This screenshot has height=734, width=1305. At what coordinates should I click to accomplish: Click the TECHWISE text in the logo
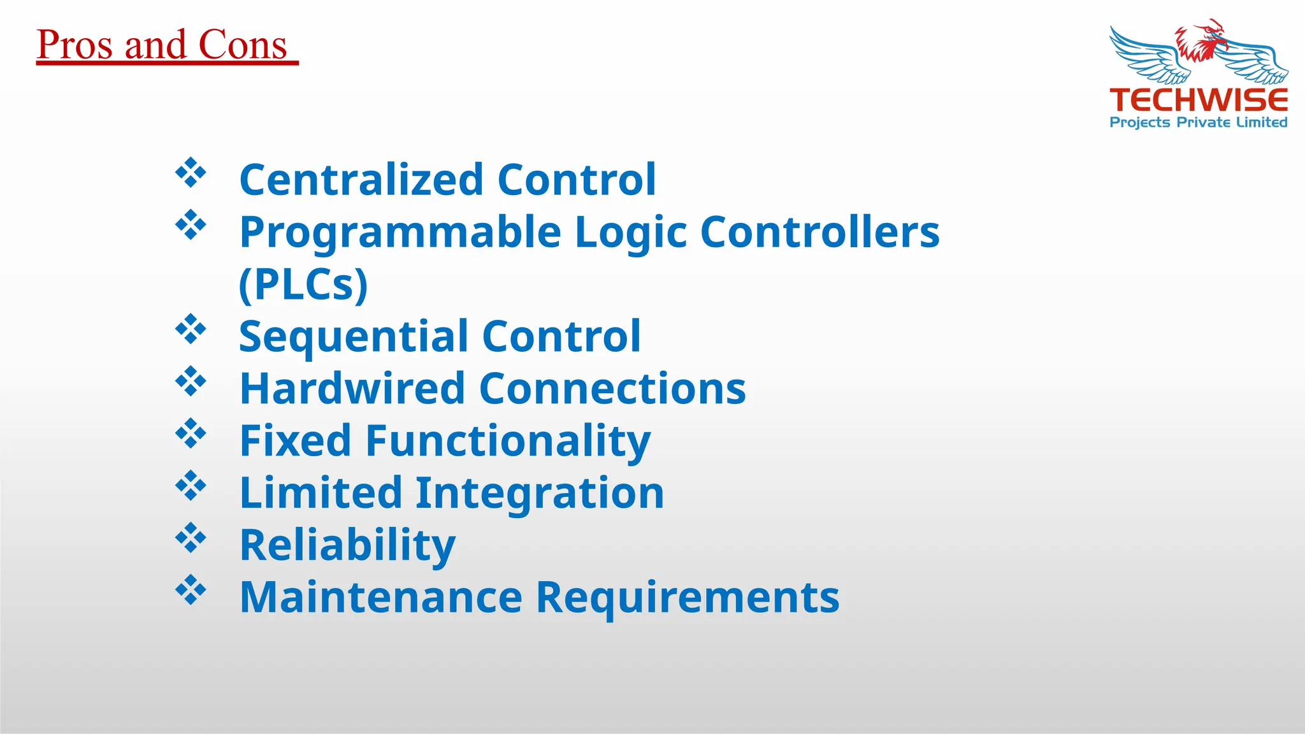[x=1199, y=100]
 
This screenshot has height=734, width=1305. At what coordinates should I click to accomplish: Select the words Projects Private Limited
[x=1199, y=122]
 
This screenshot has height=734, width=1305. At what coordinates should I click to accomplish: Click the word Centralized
[x=361, y=180]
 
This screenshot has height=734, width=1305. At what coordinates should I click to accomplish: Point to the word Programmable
[x=400, y=232]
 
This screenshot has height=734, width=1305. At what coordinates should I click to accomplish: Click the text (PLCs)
[x=303, y=284]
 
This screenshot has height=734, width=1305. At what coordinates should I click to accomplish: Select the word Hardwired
[x=352, y=389]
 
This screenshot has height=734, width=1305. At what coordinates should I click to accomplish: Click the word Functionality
[x=508, y=441]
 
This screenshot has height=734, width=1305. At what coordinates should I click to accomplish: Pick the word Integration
[x=540, y=493]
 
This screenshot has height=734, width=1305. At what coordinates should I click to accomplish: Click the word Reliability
[x=347, y=545]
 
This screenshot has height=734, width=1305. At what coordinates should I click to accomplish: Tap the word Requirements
[x=688, y=598]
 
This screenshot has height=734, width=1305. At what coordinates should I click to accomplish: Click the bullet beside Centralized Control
[x=191, y=173]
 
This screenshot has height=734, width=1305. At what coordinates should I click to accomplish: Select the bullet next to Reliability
[x=191, y=538]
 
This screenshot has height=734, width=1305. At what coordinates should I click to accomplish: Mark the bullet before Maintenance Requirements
[x=191, y=591]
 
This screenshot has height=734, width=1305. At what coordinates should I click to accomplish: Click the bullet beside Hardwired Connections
[x=191, y=382]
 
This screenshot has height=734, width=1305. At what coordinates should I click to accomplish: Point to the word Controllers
[x=819, y=232]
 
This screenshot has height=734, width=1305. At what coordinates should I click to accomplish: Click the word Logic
[x=630, y=233]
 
